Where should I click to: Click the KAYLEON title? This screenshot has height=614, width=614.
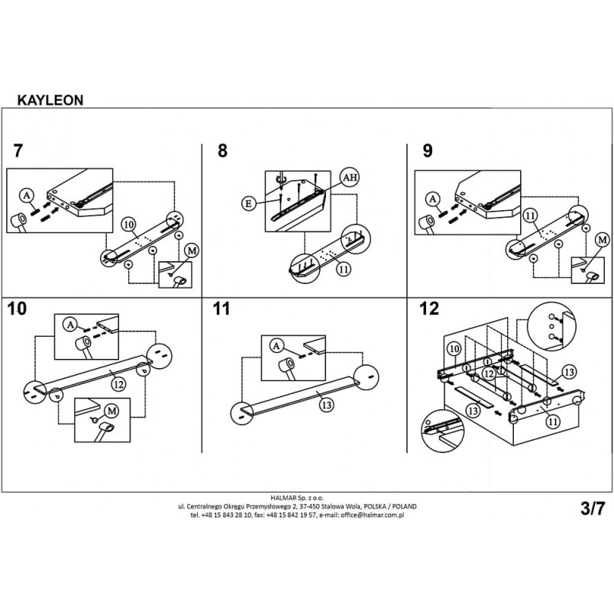(50, 100)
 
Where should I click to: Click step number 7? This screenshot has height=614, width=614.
(18, 150)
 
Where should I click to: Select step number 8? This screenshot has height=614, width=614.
(222, 150)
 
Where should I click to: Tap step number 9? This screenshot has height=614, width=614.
(428, 150)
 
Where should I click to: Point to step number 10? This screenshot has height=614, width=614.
(17, 309)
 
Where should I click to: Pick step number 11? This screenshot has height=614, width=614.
(221, 309)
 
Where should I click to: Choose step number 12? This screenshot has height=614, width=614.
(428, 309)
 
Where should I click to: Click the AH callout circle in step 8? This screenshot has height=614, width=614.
(350, 177)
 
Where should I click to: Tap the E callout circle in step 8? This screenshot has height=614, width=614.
(249, 204)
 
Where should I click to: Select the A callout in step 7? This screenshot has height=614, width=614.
(27, 195)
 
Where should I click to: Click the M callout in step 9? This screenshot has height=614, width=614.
(603, 239)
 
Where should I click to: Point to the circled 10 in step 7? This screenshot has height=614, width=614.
(129, 225)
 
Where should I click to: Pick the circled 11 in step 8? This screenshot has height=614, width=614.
(344, 269)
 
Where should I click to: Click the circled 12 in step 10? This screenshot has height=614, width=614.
(118, 384)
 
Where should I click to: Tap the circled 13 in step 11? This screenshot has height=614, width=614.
(326, 405)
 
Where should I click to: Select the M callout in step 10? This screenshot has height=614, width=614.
(112, 411)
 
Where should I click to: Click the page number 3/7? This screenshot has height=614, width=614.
(593, 509)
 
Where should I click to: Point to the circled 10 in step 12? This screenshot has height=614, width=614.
(454, 348)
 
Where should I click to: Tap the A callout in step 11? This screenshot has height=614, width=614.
(277, 346)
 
